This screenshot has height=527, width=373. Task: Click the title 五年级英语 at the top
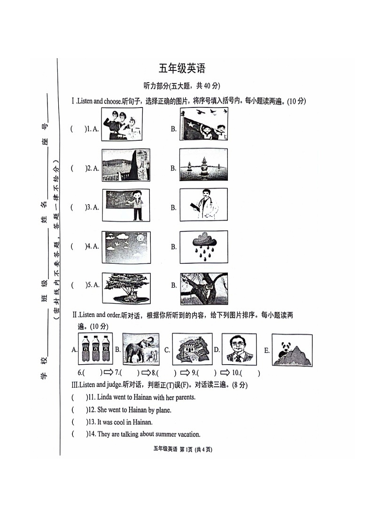click(182, 69)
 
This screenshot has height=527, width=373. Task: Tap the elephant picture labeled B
click(140, 349)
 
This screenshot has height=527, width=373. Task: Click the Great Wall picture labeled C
click(192, 349)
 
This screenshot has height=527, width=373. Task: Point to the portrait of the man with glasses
click(239, 349)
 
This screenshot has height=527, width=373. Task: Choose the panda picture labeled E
click(292, 350)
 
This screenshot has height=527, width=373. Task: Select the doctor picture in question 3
click(203, 206)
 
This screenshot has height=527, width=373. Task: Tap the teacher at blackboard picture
click(126, 206)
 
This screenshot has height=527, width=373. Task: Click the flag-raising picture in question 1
click(203, 124)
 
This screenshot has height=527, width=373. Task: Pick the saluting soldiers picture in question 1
click(121, 124)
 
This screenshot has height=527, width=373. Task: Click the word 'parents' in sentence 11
click(184, 397)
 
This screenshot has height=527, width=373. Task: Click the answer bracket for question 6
click(93, 374)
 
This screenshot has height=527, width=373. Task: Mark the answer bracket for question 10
click(251, 374)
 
